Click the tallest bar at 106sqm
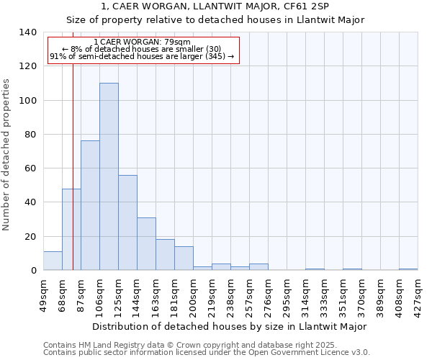[x=109, y=176]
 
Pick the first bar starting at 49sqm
[x=53, y=261]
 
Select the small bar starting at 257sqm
[x=258, y=267]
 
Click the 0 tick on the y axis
[x=33, y=271]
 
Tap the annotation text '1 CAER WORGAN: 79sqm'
[x=143, y=42]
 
